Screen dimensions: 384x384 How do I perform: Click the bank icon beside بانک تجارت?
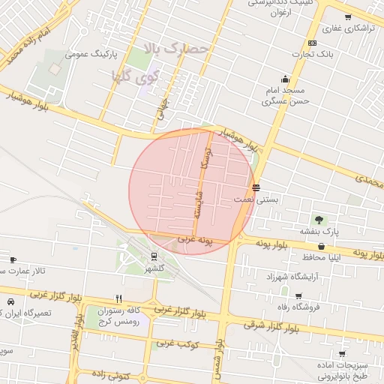tap(312, 43)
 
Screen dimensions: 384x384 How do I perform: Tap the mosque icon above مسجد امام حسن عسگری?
tap(284, 79)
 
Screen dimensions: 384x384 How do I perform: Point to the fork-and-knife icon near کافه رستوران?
tap(118, 298)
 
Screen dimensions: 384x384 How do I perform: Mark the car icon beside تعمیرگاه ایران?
tap(10, 301)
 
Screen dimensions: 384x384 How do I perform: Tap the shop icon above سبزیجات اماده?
tap(342, 353)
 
